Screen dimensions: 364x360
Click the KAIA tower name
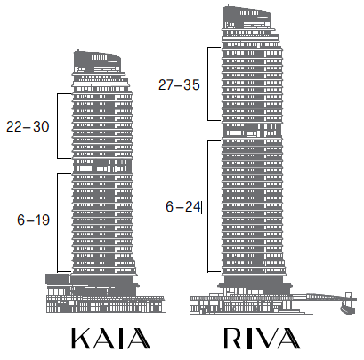click(x=110, y=339)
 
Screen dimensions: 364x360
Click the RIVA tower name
click(x=262, y=338)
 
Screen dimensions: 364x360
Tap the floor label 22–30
click(x=28, y=126)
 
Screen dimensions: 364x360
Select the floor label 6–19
click(x=33, y=220)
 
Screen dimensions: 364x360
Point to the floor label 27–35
click(x=179, y=84)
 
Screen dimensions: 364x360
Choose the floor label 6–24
click(x=182, y=206)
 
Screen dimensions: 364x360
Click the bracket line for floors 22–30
click(x=58, y=126)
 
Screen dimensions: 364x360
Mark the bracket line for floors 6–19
click(x=58, y=222)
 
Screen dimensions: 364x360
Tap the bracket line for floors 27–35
click(x=208, y=84)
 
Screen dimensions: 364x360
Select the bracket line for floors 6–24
click(x=208, y=206)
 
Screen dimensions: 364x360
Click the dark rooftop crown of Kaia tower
click(x=97, y=61)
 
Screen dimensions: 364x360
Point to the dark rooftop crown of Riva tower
click(x=247, y=17)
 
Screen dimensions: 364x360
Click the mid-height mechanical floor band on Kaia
click(x=102, y=166)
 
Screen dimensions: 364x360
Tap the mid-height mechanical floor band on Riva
click(x=253, y=130)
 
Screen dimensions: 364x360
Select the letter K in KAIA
click(x=81, y=339)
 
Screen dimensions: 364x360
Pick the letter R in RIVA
click(x=232, y=338)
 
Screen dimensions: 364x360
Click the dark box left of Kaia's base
click(x=57, y=278)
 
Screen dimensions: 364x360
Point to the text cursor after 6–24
click(x=201, y=207)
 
